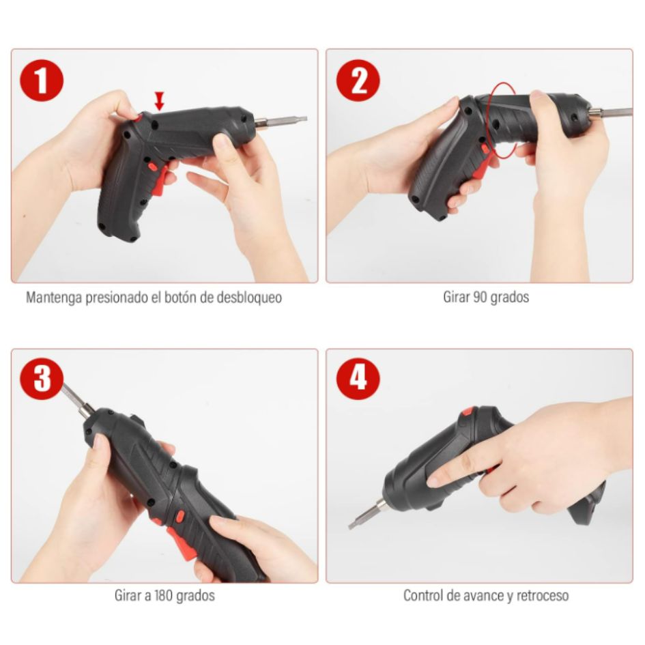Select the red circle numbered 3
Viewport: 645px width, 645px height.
pos(42,379)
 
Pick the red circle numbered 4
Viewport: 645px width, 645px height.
pos(358,379)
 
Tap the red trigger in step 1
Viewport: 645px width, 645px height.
pos(158,179)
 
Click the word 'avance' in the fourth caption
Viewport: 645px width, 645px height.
pos(480,595)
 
